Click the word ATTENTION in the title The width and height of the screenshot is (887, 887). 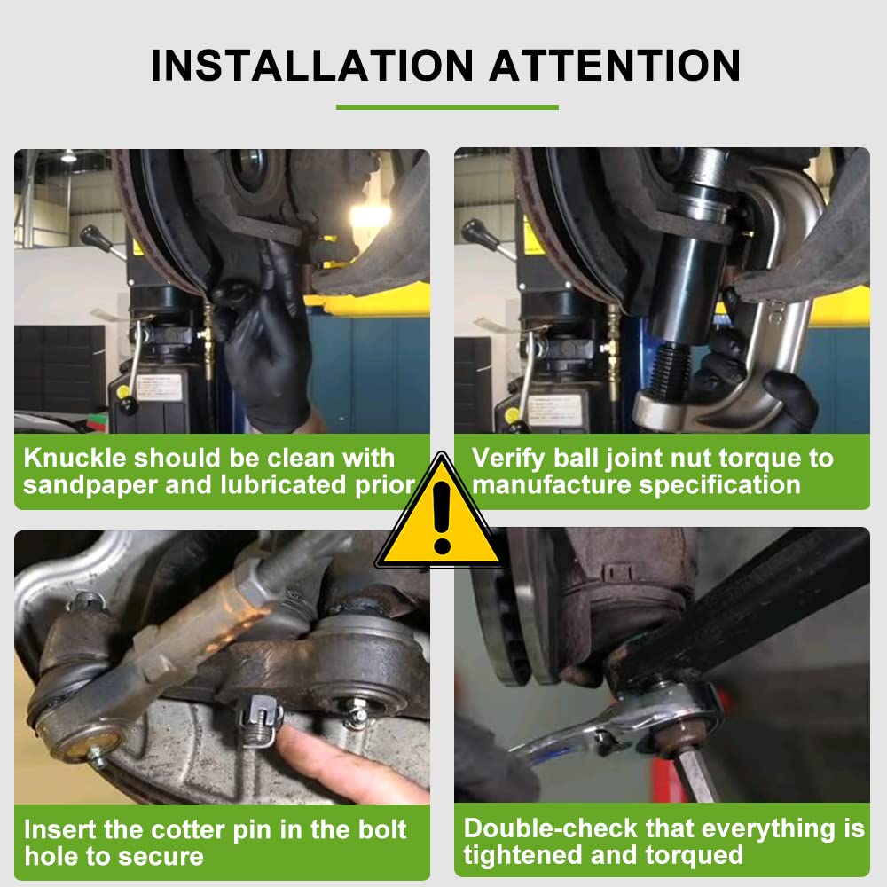[615, 67]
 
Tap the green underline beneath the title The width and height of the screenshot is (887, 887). [447, 107]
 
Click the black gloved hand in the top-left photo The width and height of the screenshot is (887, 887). [266, 346]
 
